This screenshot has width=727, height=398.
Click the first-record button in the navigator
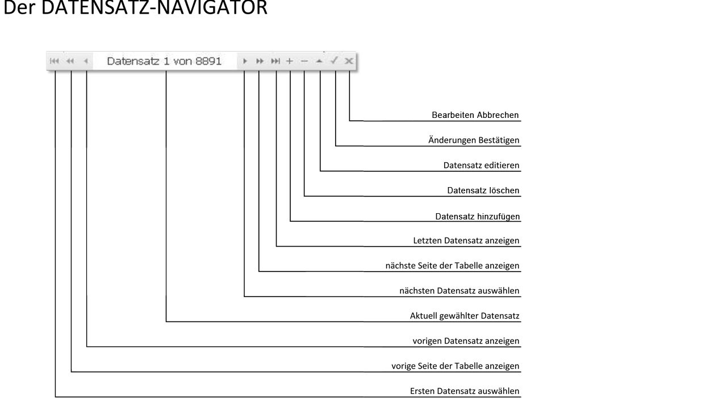pyautogui.click(x=55, y=61)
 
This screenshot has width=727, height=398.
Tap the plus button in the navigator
pyautogui.click(x=290, y=61)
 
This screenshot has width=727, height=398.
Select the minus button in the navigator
pyautogui.click(x=304, y=61)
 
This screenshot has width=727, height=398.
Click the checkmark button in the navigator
pyautogui.click(x=334, y=60)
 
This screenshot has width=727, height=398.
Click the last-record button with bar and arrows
pyautogui.click(x=275, y=61)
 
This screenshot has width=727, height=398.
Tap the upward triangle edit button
pyautogui.click(x=319, y=61)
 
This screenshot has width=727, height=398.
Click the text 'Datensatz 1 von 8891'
pyautogui.click(x=164, y=61)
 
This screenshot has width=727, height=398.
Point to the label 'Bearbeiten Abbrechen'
pyautogui.click(x=475, y=115)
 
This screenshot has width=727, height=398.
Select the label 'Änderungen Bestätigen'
pyautogui.click(x=474, y=140)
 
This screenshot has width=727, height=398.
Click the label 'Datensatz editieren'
pyautogui.click(x=481, y=166)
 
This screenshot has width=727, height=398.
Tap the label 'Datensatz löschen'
pyautogui.click(x=483, y=190)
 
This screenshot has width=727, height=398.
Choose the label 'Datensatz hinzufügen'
pyautogui.click(x=478, y=216)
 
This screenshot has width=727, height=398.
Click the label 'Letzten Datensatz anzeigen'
pyautogui.click(x=466, y=240)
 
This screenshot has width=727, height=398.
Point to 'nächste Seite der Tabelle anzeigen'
pyautogui.click(x=453, y=265)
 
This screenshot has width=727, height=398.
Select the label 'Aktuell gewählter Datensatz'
pyautogui.click(x=465, y=316)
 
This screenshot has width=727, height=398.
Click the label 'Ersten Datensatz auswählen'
pyautogui.click(x=465, y=391)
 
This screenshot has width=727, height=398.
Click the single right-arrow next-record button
pyautogui.click(x=245, y=61)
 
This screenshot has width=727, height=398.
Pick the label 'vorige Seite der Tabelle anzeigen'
pyautogui.click(x=456, y=366)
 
